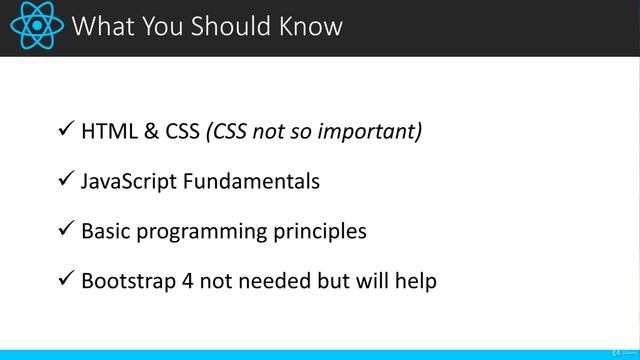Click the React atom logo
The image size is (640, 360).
click(36, 27)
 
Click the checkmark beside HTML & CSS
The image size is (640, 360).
click(64, 130)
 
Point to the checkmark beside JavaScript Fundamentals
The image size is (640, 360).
click(64, 180)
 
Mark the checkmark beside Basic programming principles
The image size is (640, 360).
click(64, 230)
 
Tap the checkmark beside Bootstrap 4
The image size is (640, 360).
click(64, 280)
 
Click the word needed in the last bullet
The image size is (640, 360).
click(264, 281)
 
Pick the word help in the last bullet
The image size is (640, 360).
click(415, 281)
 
